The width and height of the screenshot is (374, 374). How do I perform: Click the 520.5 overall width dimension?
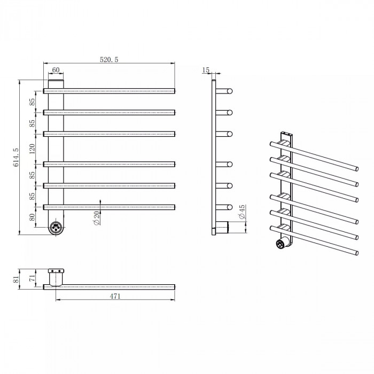[109, 59]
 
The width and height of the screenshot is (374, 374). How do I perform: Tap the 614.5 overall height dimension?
[15, 157]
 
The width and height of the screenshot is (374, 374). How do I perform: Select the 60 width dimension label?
[56, 70]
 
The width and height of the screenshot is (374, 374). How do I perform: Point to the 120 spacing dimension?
[32, 149]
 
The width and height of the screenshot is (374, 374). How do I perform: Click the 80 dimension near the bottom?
[32, 217]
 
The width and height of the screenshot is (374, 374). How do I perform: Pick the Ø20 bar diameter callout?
[97, 218]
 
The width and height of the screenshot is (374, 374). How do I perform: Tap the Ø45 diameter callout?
[241, 212]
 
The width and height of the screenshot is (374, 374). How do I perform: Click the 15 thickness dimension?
[206, 70]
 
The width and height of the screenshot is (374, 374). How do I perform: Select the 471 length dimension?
[115, 296]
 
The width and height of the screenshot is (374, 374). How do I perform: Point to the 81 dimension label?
[15, 279]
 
